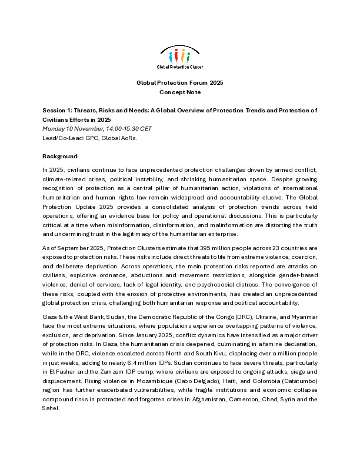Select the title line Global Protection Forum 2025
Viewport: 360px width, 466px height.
point(180,83)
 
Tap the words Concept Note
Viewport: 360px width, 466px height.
point(180,92)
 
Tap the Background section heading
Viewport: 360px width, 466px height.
point(59,156)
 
